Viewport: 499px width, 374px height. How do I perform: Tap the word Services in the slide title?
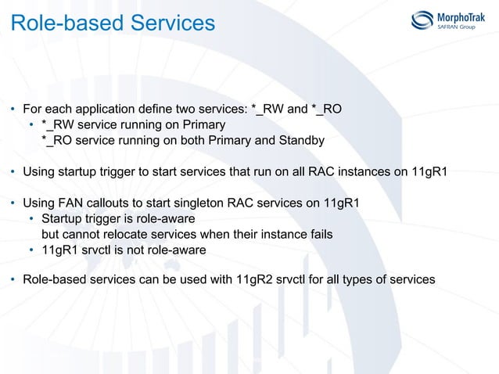tap(171, 23)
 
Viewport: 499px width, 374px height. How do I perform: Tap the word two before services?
tap(199, 109)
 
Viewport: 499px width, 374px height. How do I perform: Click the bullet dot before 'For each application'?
tap(13, 110)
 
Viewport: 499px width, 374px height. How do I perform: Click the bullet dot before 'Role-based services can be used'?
tap(13, 280)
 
